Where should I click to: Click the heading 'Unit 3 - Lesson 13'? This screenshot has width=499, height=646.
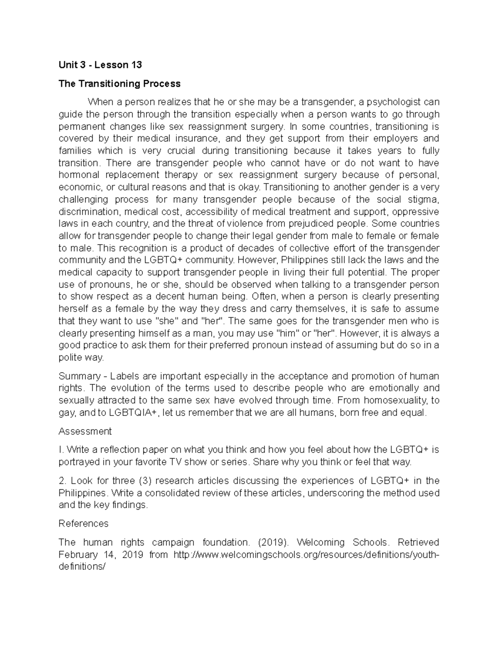[100, 65]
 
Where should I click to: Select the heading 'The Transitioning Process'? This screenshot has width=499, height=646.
[119, 84]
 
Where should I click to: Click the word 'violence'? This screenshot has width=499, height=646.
[246, 223]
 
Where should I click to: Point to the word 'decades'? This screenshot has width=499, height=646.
[255, 248]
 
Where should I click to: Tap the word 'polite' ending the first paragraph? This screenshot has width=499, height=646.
[70, 357]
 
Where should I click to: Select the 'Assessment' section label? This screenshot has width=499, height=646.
[85, 431]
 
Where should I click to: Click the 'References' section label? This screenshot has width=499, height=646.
[83, 523]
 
